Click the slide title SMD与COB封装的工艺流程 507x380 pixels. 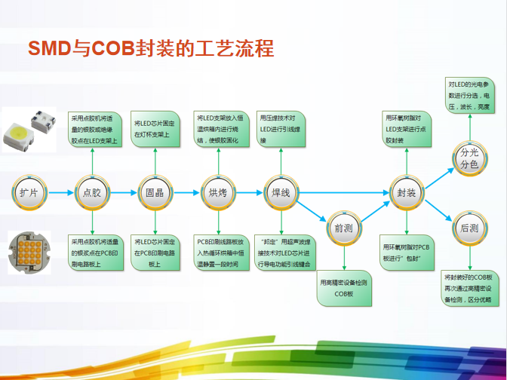click(x=150, y=47)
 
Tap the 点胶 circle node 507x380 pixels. click(x=92, y=192)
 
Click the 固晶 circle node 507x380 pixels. click(x=155, y=192)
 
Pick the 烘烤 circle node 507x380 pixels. click(x=217, y=192)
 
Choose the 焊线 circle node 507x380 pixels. click(x=281, y=192)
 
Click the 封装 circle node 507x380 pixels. click(x=407, y=192)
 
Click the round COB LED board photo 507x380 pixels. click(x=29, y=253)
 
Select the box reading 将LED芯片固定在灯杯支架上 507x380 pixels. click(x=155, y=129)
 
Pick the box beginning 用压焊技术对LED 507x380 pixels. click(x=281, y=129)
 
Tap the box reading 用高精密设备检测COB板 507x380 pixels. click(x=344, y=287)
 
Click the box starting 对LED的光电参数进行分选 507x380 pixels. click(x=469, y=96)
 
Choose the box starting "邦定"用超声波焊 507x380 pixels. click(x=281, y=253)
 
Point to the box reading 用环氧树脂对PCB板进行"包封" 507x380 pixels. click(x=407, y=253)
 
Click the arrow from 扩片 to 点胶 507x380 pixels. click(x=60, y=192)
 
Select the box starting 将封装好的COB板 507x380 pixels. click(x=469, y=288)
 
